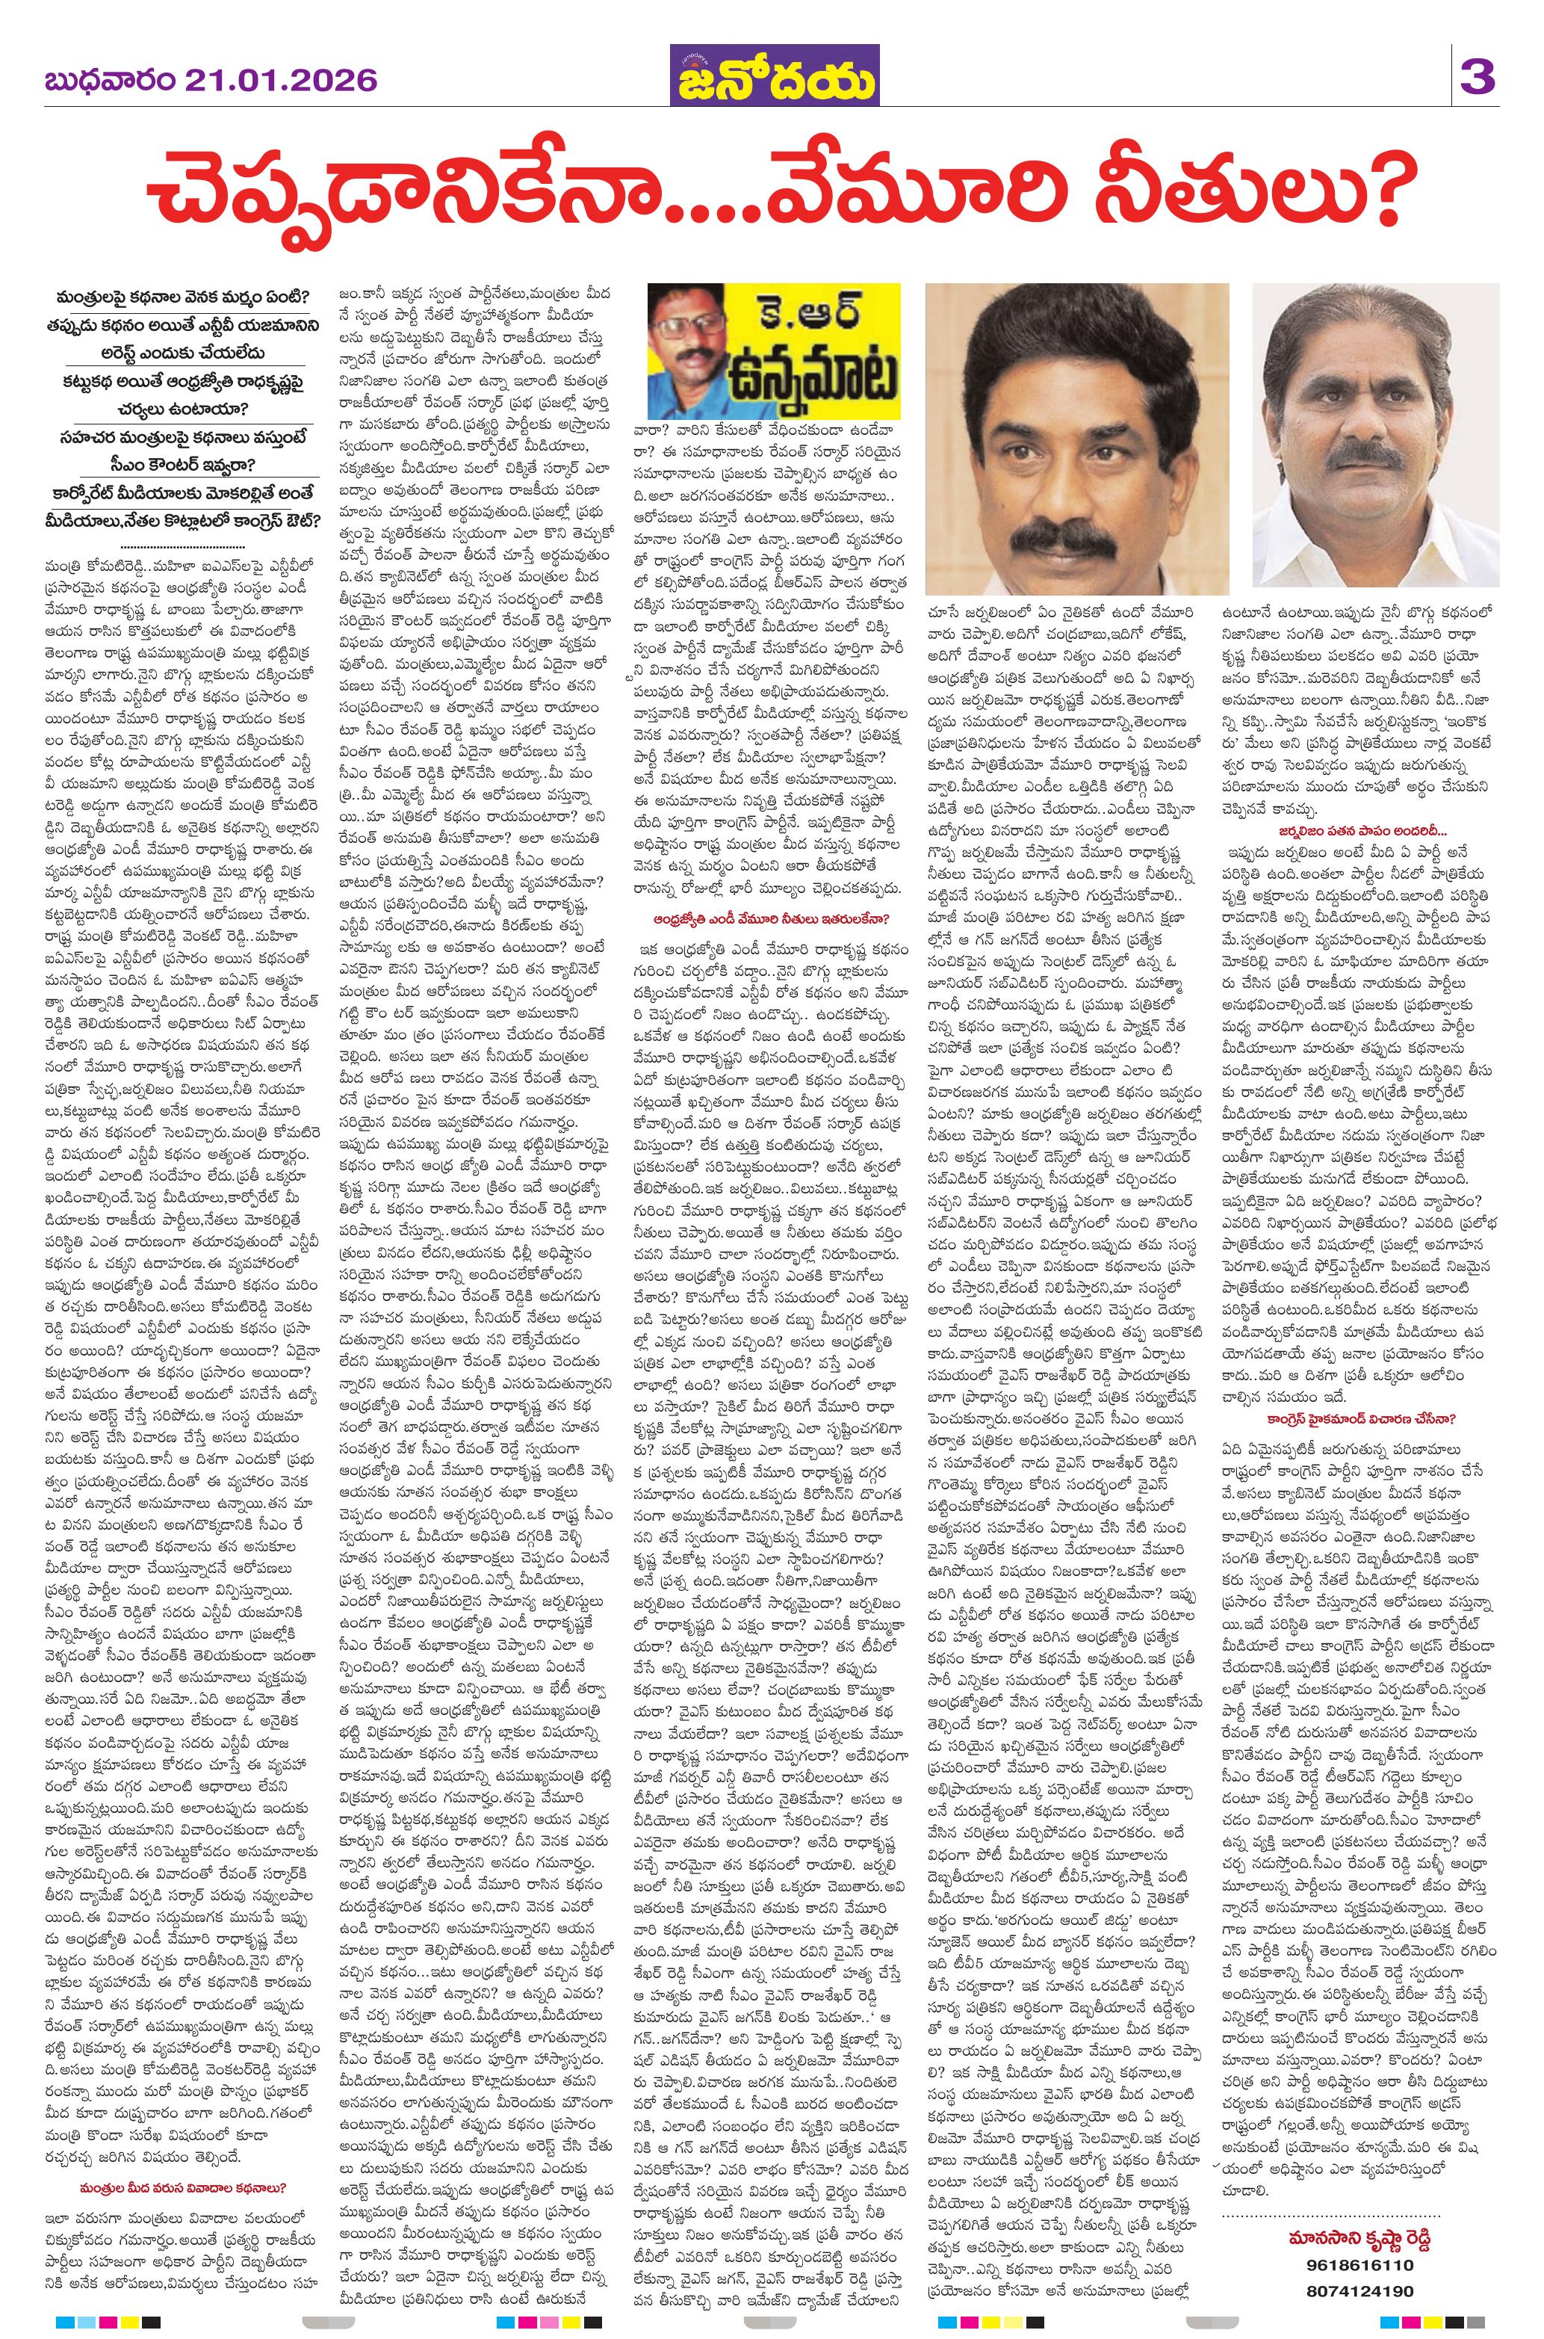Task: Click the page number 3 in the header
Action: tap(1478, 77)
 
